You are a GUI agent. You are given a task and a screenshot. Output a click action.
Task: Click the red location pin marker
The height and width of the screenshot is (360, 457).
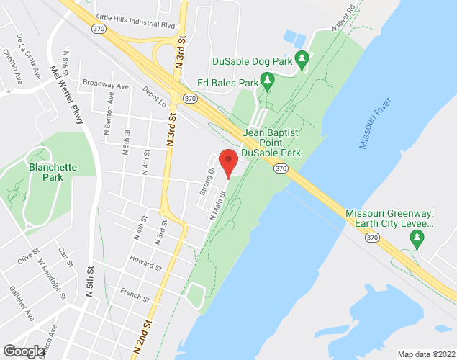pyautogui.click(x=228, y=163)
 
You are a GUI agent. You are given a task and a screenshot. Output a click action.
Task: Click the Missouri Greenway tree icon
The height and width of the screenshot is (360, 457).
pyautogui.click(x=415, y=240)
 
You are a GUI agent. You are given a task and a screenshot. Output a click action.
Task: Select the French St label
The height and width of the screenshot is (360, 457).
pyautogui.click(x=135, y=295)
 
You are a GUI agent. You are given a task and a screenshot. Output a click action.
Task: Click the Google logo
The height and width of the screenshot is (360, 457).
pyautogui.click(x=23, y=351)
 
